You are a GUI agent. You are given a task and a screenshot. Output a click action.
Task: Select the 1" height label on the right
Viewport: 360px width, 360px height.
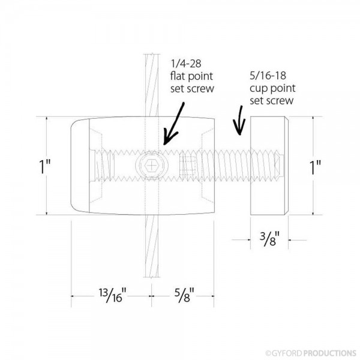(x=324, y=166)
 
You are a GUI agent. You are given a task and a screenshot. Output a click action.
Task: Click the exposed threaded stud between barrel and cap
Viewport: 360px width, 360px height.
(x=231, y=164)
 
